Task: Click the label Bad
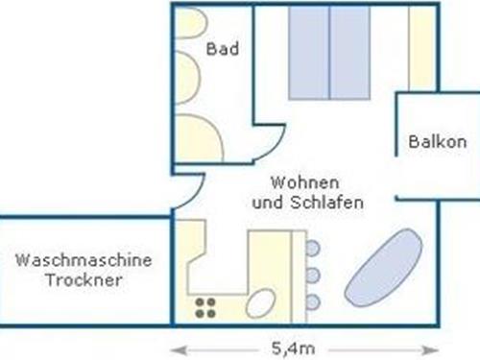[222, 50]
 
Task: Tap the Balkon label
[437, 142]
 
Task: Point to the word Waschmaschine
[84, 259]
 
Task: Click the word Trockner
[84, 280]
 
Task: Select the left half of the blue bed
[309, 52]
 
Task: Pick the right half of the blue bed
[351, 52]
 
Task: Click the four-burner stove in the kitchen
[204, 307]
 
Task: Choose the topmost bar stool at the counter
[312, 249]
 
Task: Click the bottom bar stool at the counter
[312, 302]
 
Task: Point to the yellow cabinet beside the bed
[420, 48]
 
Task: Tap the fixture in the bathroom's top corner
[190, 23]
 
